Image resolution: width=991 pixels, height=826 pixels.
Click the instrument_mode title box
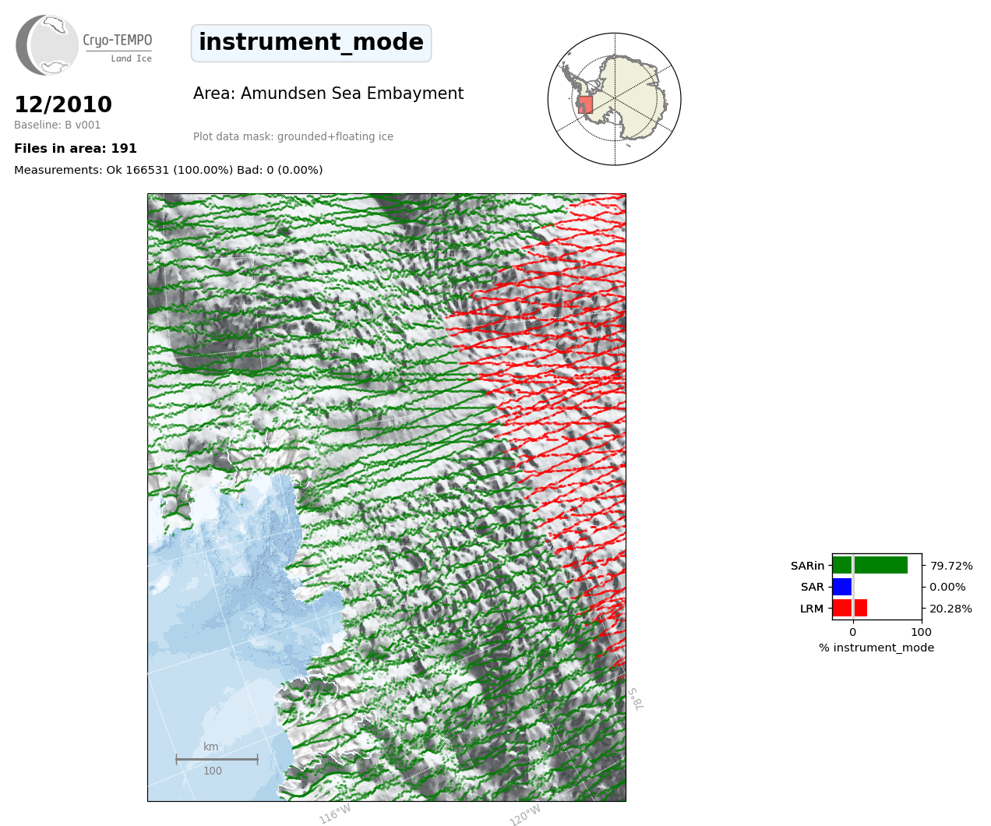coord(311,43)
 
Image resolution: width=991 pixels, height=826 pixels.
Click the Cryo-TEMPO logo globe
coord(47,45)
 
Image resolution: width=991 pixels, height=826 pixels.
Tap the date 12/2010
coord(63,104)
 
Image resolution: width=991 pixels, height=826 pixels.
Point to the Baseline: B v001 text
coord(58,125)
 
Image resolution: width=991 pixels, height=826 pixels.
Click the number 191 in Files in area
coord(124,149)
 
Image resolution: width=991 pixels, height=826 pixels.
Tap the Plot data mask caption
coord(293,136)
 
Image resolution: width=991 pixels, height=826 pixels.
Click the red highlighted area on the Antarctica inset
coord(585,105)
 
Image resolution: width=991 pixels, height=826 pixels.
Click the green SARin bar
coord(870,566)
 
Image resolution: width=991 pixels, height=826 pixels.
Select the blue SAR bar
coord(842,587)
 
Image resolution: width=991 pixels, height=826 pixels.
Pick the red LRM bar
coord(850,608)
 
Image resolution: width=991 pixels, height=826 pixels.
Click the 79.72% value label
coord(951,566)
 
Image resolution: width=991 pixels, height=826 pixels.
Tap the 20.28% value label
coord(950,609)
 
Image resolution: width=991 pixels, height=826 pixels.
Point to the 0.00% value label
coord(947,588)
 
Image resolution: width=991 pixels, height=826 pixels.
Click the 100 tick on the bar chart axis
coord(921,632)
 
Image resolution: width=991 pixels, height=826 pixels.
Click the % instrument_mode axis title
coord(876,648)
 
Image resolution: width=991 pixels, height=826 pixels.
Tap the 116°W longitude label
coord(335,814)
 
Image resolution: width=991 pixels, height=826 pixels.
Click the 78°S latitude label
coord(636,699)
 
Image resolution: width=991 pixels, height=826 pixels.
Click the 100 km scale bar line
coord(217,759)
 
